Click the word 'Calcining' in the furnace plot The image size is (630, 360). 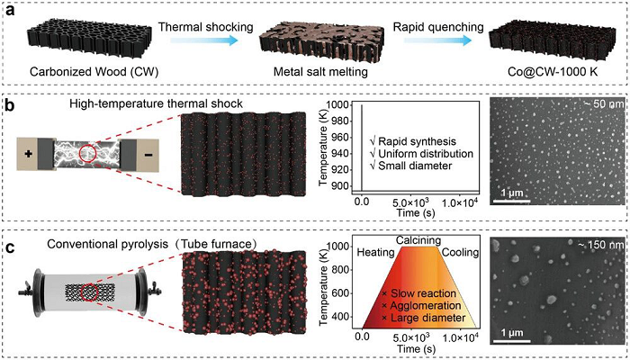click(x=419, y=240)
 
